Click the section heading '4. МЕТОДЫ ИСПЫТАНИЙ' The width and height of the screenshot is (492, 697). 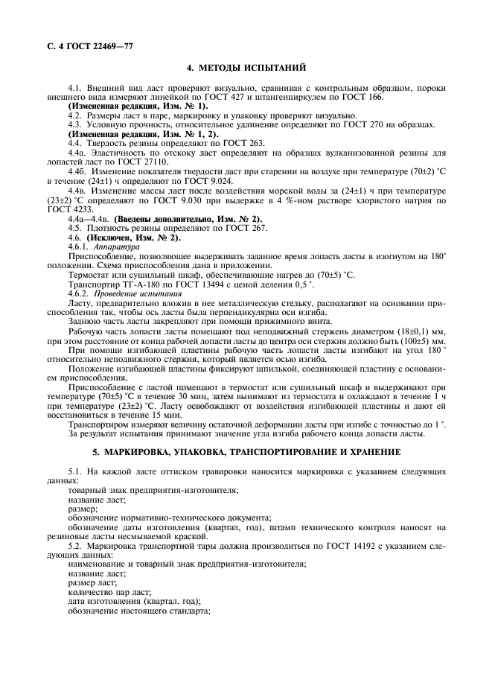(x=246, y=69)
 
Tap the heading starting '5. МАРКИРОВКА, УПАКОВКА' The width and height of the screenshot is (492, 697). (x=246, y=453)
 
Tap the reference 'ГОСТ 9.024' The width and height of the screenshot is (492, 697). (x=220, y=181)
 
